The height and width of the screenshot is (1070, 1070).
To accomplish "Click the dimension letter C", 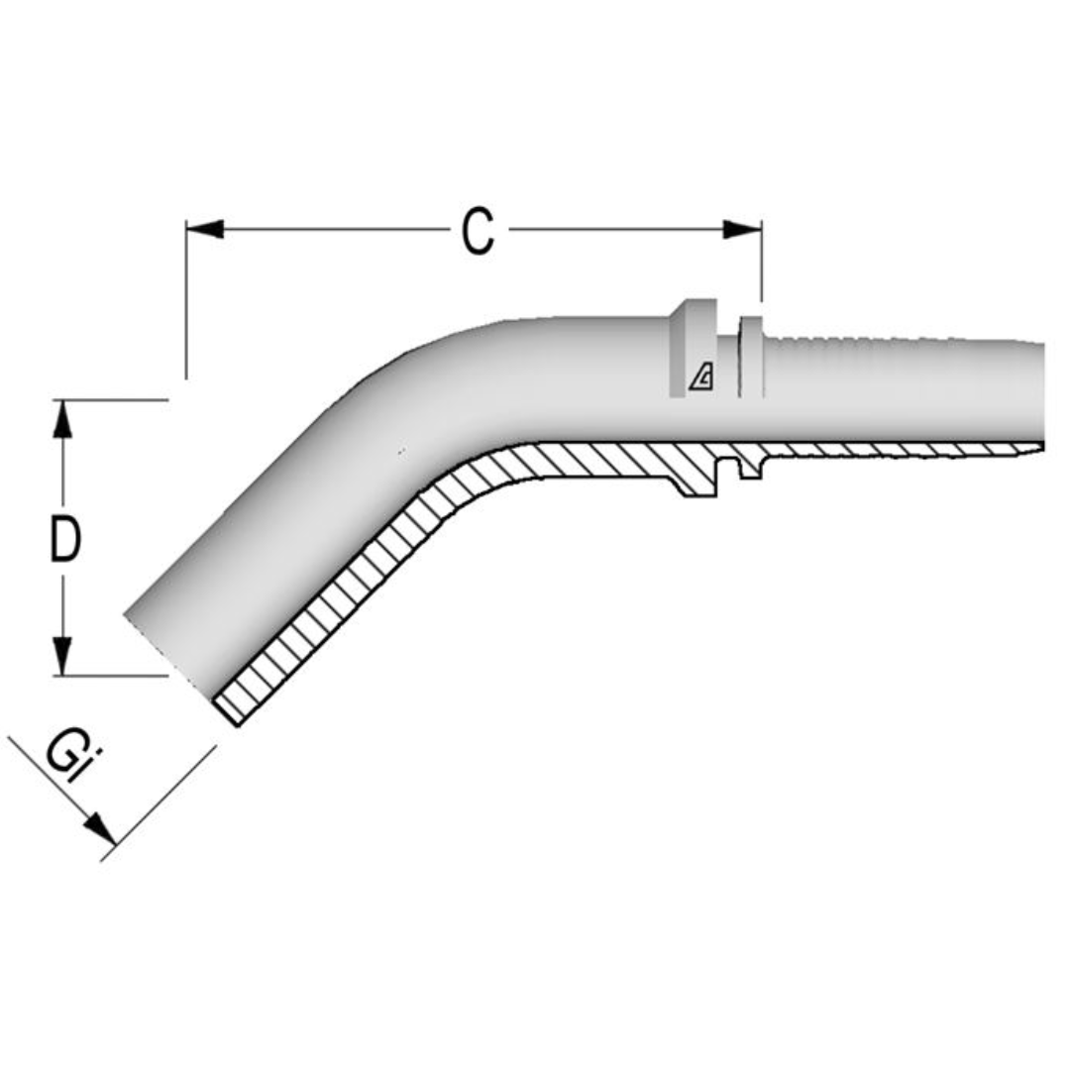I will click(x=478, y=231).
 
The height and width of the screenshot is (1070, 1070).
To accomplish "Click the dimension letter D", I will click(x=64, y=541).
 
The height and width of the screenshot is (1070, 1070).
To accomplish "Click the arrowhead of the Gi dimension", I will click(x=100, y=829).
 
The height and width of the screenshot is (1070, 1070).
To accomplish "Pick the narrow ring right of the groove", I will click(x=752, y=357).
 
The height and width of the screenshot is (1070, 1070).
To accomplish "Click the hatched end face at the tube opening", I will click(x=228, y=706).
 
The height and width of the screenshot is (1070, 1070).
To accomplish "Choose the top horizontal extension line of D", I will click(x=109, y=399).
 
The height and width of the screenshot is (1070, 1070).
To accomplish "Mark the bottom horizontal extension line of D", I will click(x=109, y=676).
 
